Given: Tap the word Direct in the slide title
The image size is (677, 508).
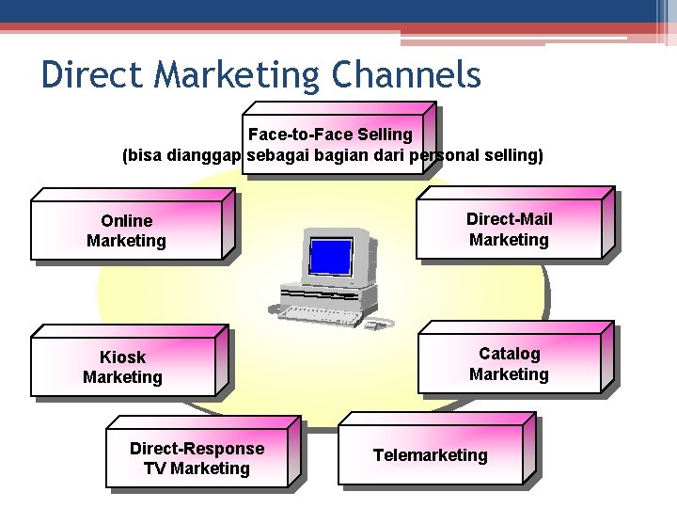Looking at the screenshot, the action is tap(85, 75).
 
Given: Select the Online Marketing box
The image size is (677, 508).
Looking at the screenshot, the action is tap(126, 230).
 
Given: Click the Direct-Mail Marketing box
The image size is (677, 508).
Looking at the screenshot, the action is tap(509, 230).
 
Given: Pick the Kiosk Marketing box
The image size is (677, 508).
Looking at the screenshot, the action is tap(123, 367).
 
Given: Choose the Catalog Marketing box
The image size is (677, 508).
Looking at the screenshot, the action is tap(509, 364).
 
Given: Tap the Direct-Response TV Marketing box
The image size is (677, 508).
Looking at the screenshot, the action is tap(197, 458).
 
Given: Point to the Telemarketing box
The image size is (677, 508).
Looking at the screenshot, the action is tap(431, 455).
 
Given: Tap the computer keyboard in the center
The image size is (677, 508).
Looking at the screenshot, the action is tap(310, 307).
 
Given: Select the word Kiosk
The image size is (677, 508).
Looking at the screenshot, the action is tap(123, 357).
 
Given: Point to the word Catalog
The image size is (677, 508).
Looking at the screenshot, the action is tap(510, 354).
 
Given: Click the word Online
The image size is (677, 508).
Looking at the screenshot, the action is tap(126, 221).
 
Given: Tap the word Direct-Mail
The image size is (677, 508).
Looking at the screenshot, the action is tap(510, 219).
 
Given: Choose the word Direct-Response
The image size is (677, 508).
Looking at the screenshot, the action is tap(197, 449).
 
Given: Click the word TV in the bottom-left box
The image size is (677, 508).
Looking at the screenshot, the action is tap(155, 468).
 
